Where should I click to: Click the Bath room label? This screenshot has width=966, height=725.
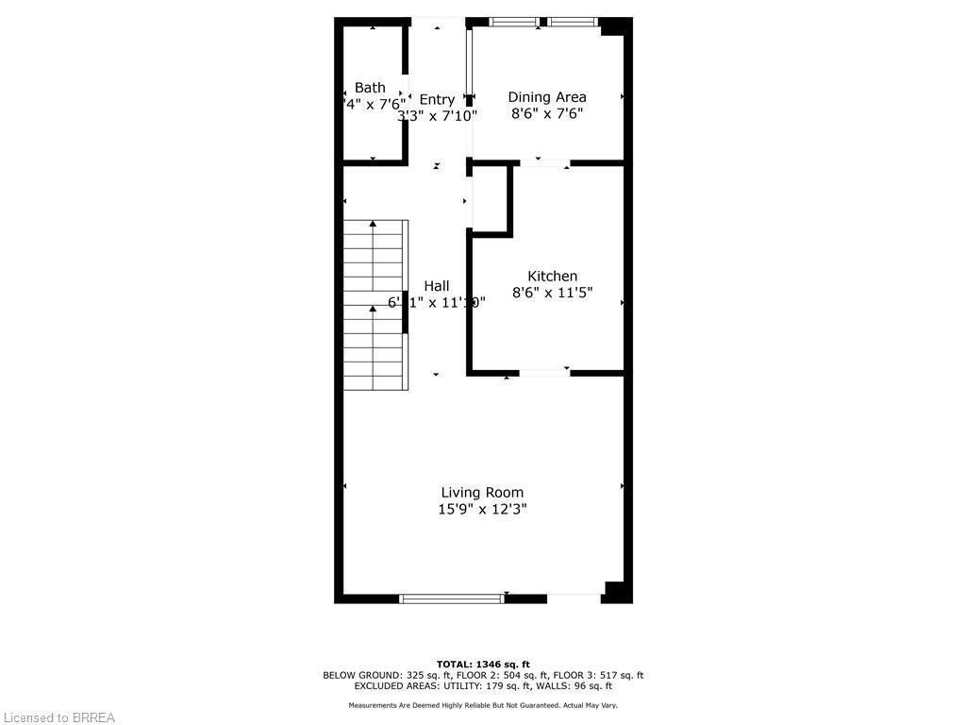click(370, 88)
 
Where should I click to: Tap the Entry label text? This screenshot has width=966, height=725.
click(437, 99)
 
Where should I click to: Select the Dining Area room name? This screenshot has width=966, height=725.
click(547, 96)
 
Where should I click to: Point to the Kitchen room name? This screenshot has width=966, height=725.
click(552, 276)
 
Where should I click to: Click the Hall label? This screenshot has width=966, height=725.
click(436, 285)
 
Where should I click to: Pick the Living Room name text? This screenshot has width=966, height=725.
click(482, 492)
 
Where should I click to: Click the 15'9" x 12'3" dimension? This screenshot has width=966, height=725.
click(482, 509)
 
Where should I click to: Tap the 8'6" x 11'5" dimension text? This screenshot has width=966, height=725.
click(552, 293)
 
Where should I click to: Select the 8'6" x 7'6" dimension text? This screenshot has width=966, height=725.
click(547, 113)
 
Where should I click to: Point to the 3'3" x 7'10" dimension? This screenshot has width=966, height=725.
click(437, 116)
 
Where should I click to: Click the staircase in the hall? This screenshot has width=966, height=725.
click(375, 306)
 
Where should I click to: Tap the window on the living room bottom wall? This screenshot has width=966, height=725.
click(452, 598)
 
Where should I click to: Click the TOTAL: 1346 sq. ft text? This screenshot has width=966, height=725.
click(483, 664)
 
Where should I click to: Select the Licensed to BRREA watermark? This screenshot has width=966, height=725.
click(58, 717)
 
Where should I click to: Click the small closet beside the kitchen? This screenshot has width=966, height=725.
click(490, 200)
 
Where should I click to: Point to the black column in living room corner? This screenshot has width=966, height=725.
click(616, 591)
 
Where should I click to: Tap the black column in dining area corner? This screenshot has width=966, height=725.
click(613, 27)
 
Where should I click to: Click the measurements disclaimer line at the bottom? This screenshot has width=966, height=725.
click(483, 705)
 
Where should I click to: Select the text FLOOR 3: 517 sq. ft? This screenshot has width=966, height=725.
click(599, 675)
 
